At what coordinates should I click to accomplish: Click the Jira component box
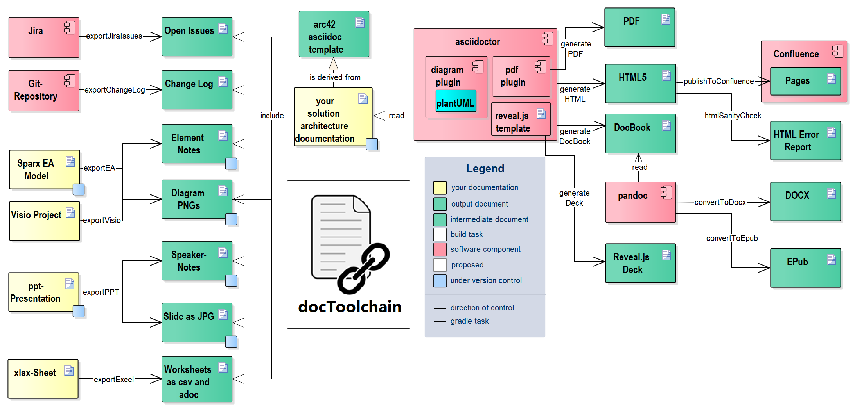[x=44, y=37]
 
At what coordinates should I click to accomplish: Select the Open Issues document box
[x=197, y=37]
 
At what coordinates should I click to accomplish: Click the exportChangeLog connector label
[x=115, y=90]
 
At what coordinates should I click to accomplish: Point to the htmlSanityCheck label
[x=733, y=116]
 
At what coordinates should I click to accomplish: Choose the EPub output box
[x=805, y=268]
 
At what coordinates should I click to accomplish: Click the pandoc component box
[x=640, y=202]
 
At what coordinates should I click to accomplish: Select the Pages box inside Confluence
[x=805, y=81]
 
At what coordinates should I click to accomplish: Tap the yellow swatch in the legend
[x=440, y=188]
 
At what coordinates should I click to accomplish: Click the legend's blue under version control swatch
[x=440, y=281]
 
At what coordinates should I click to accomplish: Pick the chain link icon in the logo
[x=363, y=269]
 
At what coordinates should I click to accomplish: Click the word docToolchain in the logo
[x=350, y=307]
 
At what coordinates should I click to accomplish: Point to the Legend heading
[x=485, y=169]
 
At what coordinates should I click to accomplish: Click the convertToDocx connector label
[x=720, y=202]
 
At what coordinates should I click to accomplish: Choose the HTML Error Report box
[x=805, y=141]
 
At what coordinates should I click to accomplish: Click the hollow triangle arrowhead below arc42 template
[x=333, y=64]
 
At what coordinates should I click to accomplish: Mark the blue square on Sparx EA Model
[x=79, y=189]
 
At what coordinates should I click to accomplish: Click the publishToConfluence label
[x=718, y=81]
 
